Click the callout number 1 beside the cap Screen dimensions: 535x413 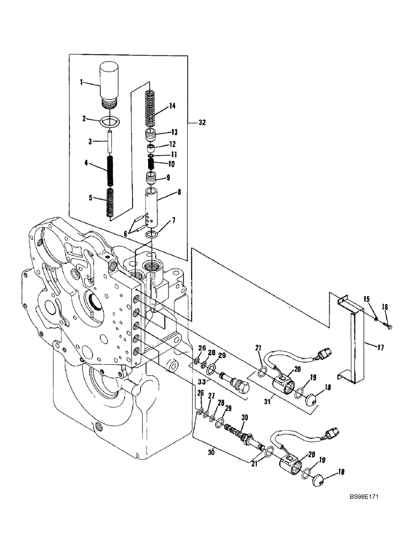(81, 82)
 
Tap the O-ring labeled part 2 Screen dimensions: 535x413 (110, 121)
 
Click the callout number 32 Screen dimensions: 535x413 (202, 123)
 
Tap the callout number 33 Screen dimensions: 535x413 (201, 381)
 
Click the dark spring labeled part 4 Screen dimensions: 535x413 (111, 169)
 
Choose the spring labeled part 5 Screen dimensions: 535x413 (110, 202)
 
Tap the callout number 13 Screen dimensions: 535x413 (174, 132)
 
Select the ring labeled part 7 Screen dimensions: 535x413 (152, 234)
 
